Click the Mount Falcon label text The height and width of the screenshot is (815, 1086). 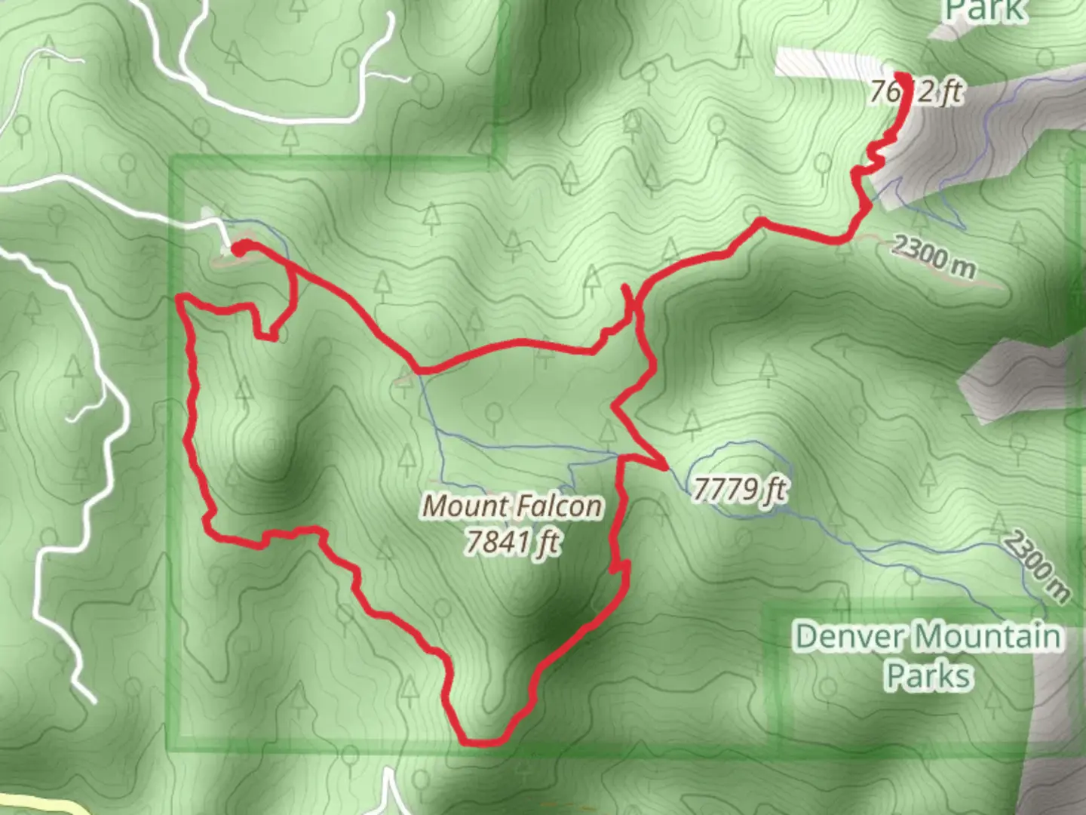point(513,506)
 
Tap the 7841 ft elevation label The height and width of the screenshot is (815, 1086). point(513,542)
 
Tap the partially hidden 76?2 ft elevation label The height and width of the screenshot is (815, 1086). point(916,92)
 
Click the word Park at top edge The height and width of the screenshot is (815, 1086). point(986,11)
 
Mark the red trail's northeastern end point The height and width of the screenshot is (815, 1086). point(900,78)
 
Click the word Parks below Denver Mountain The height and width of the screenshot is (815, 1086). point(928,675)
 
